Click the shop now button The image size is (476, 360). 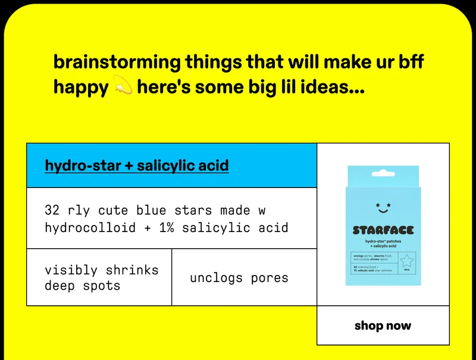[383, 325]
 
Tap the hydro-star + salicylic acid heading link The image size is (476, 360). [137, 165]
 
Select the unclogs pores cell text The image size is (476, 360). [239, 278]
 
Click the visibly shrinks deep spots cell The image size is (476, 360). [101, 278]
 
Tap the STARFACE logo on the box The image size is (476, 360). [383, 230]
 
